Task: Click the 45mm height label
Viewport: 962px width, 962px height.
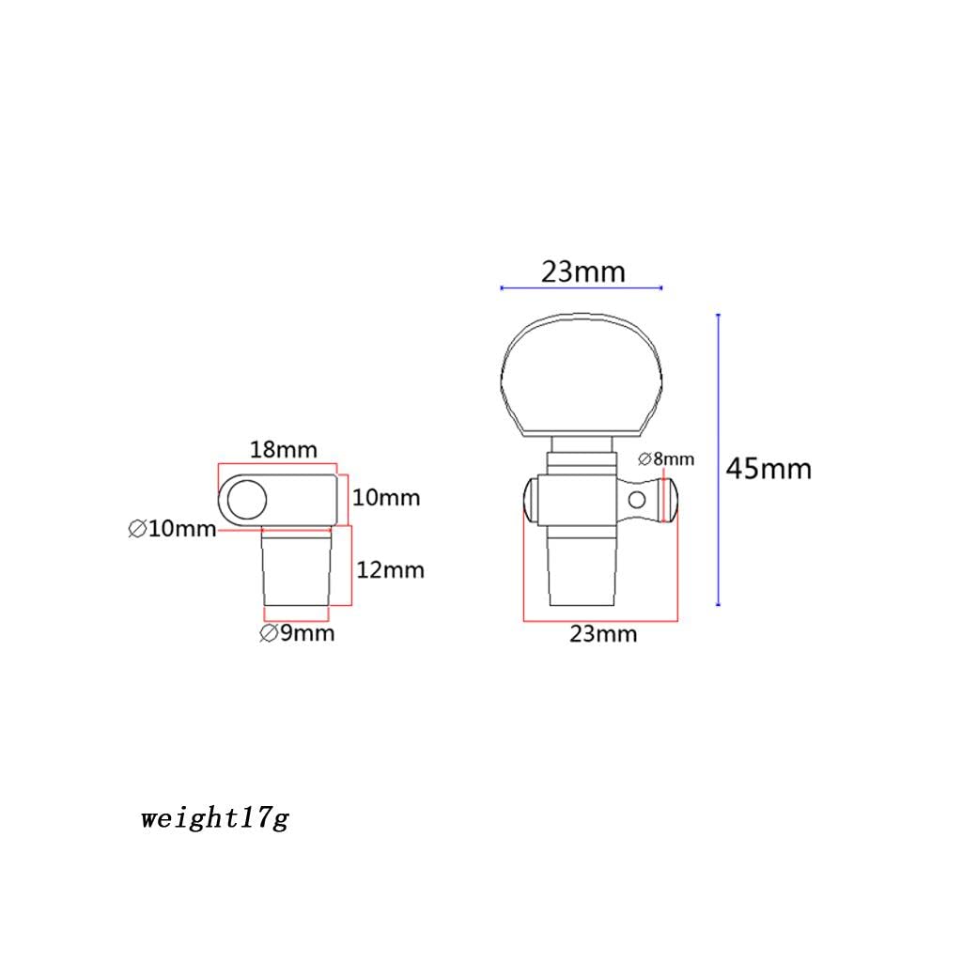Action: coord(768,468)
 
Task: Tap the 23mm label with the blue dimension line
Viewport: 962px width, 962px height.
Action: coord(582,272)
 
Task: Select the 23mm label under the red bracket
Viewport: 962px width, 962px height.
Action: coord(603,634)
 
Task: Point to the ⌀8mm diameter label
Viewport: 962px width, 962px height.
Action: coord(666,459)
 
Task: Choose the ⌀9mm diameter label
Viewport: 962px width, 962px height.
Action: coord(297,633)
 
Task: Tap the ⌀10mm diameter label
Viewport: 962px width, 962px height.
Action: coord(172,529)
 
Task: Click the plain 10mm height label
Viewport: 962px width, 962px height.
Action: coord(386,497)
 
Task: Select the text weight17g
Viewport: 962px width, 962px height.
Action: coord(215,818)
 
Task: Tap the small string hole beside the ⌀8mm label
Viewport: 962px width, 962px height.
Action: coord(639,499)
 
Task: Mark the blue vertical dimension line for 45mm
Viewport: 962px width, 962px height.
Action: coord(718,460)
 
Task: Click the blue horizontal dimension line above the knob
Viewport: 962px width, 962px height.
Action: coord(582,287)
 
